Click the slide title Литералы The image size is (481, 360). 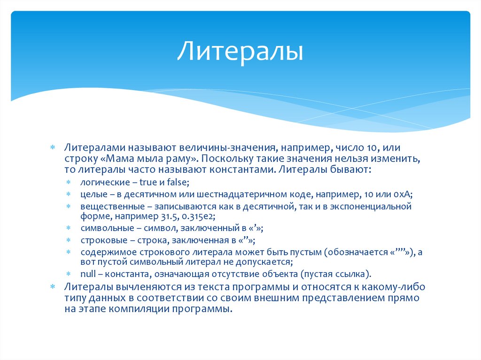(x=240, y=52)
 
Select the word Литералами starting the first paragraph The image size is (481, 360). (x=90, y=148)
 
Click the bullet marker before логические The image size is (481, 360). (x=69, y=181)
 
